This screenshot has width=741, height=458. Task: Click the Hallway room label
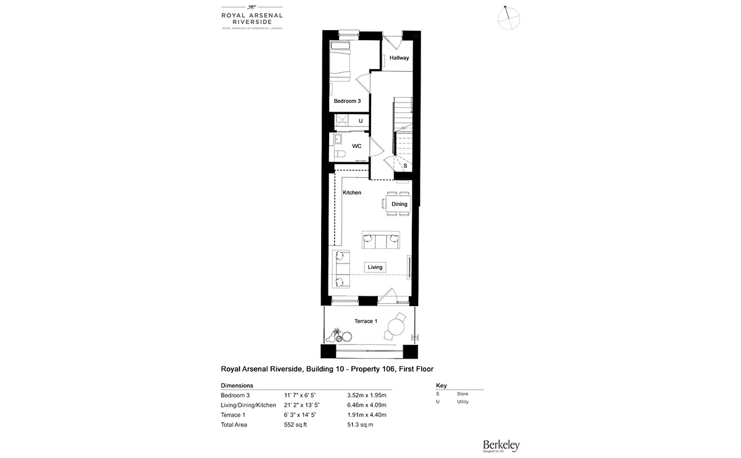coord(399,58)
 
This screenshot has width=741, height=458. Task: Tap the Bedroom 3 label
coord(347,101)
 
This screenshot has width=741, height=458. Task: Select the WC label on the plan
coord(356,146)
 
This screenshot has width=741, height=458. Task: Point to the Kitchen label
coord(352,193)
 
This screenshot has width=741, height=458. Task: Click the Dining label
coord(399,204)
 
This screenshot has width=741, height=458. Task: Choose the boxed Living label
coord(375,267)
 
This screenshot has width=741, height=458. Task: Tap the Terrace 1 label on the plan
coord(364,321)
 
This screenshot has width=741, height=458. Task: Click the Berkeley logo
coord(501,444)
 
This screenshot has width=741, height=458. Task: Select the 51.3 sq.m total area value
coord(361,425)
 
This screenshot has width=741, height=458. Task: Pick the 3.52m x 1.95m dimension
coord(367,395)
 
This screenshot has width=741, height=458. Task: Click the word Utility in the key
coord(463,402)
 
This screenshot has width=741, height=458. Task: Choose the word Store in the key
coord(462,393)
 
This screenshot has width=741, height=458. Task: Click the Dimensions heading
coord(237,385)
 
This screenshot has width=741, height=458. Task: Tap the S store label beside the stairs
coord(405,166)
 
